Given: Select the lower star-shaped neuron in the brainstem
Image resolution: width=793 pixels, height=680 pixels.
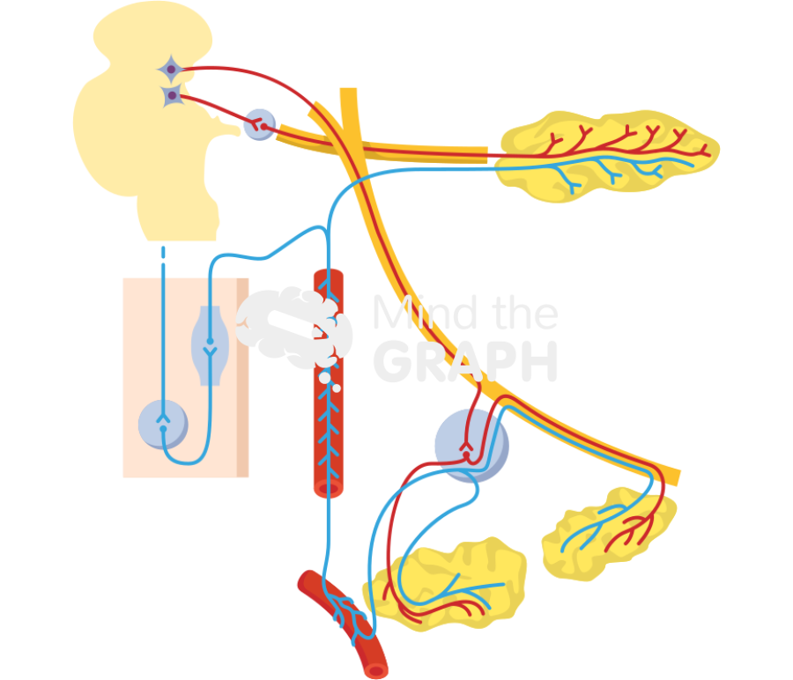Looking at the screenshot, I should click(172, 94).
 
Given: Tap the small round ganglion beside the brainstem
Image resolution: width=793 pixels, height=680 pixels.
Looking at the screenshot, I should click(258, 122).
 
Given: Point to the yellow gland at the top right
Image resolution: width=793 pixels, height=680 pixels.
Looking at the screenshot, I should click(608, 150).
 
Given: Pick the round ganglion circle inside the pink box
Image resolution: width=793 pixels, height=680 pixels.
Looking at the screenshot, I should click(164, 421).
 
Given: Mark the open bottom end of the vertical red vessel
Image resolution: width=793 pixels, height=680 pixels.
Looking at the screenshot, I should click(329, 489).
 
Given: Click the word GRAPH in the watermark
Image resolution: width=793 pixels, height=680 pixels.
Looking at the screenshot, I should click(465, 360).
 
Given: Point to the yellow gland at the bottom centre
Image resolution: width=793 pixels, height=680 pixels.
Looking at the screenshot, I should click(449, 586).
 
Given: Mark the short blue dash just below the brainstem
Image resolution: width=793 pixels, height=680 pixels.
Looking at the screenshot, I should click(164, 255).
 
